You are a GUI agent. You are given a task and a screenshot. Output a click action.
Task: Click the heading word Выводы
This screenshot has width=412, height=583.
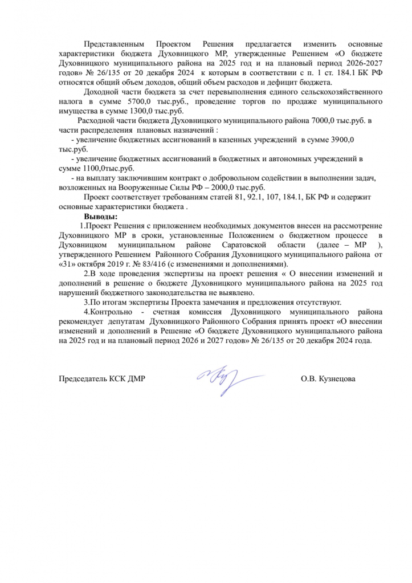(x=101, y=217)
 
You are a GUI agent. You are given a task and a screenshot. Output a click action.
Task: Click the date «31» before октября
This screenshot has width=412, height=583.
(x=67, y=264)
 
